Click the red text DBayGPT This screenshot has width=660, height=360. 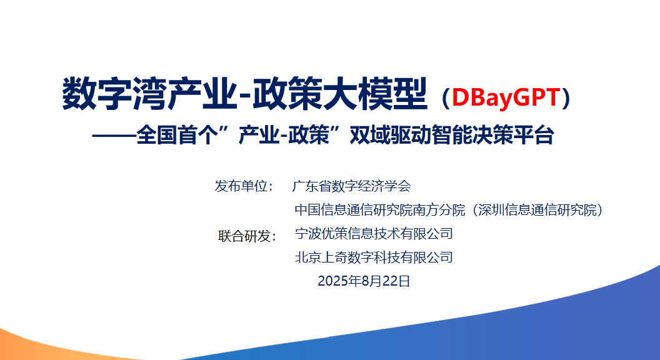(x=506, y=97)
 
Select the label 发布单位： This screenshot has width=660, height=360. (x=244, y=186)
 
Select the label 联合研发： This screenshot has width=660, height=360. (x=247, y=236)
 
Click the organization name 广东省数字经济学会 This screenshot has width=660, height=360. (x=351, y=186)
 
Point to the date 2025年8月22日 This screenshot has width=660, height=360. (x=364, y=281)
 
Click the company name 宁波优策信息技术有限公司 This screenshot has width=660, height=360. (x=374, y=233)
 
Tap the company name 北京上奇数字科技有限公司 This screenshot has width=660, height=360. (x=374, y=257)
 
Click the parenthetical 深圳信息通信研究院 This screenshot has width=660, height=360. (x=537, y=209)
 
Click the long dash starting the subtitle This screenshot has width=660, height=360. (x=114, y=136)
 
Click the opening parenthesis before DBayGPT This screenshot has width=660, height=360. (x=446, y=97)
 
